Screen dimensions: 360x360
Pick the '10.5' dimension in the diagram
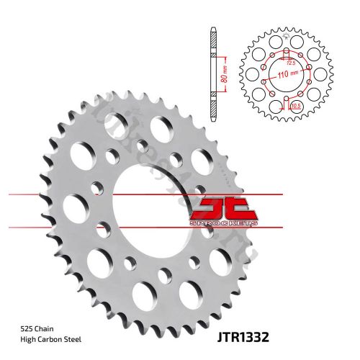(294, 105)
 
